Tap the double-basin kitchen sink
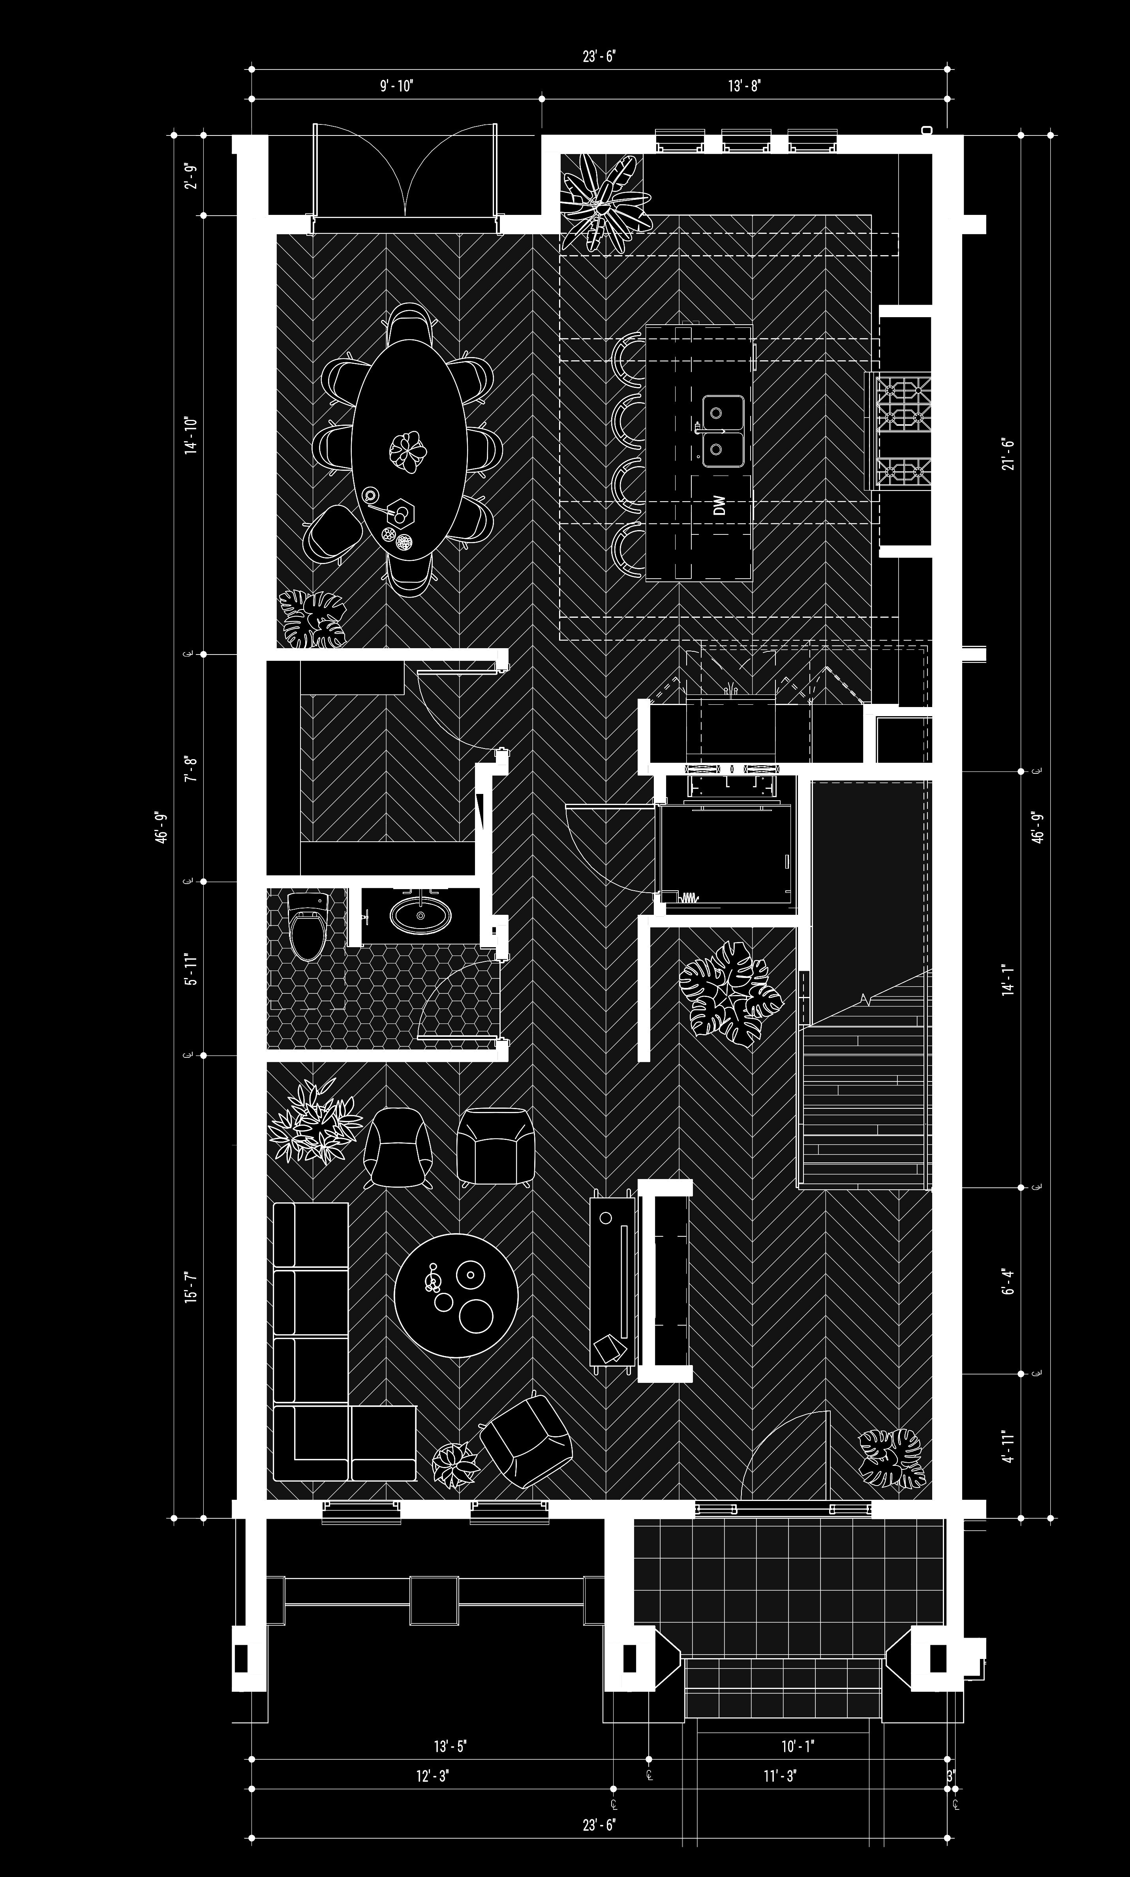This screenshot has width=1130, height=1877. tap(723, 431)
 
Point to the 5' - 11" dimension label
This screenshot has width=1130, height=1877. tap(191, 970)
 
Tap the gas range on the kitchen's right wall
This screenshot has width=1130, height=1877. tap(904, 431)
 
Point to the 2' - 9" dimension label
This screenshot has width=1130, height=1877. tap(191, 175)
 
